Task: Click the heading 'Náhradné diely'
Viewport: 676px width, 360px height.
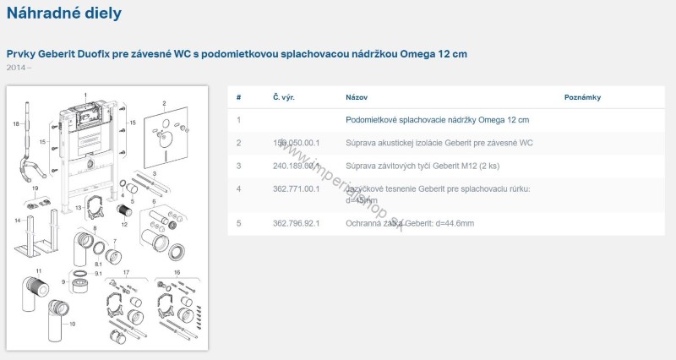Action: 63,14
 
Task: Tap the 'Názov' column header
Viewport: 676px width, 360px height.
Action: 356,97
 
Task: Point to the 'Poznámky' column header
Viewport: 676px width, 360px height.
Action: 582,97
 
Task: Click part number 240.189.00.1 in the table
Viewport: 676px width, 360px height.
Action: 296,166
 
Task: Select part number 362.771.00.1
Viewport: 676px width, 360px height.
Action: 296,188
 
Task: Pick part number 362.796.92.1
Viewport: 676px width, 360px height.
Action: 296,222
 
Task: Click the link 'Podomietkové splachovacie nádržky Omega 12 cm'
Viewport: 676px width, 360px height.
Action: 437,121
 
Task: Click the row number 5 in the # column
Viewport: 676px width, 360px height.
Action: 239,222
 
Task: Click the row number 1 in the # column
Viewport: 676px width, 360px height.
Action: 239,121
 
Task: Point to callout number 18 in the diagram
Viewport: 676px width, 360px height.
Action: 15,124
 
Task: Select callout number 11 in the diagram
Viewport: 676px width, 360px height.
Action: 38,270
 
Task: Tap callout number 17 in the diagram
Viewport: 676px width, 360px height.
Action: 126,272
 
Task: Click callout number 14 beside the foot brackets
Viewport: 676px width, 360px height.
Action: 16,221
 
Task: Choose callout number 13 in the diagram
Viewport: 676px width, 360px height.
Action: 78,207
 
